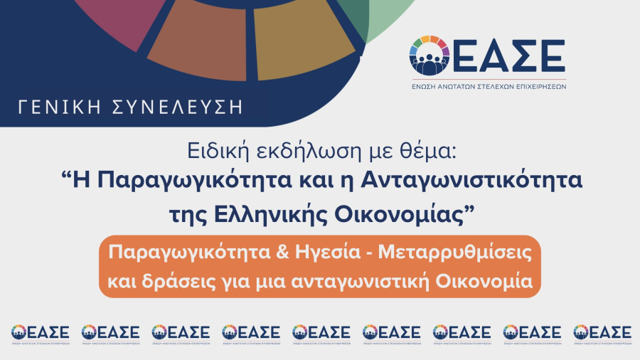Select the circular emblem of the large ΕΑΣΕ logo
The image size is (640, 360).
pos(429,55)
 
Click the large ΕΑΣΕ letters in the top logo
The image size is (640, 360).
pos(508,55)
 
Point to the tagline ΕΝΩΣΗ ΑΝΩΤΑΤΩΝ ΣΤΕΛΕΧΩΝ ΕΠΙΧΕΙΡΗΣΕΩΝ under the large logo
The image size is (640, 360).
pos(488,86)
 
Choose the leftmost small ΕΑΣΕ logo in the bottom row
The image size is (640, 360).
pos(40,334)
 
